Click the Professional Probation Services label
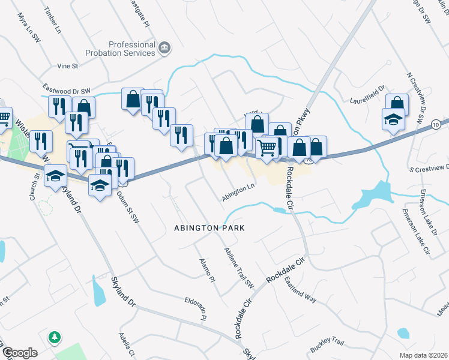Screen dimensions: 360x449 click(132, 49)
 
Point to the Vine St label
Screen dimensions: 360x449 click(68, 65)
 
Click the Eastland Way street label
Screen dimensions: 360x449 click(301, 289)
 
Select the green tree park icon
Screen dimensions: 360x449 click(55, 337)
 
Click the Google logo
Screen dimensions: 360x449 click(20, 353)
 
